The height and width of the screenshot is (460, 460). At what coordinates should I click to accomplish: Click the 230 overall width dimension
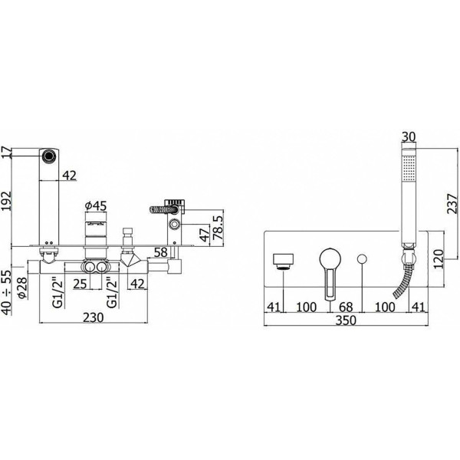coord(93,317)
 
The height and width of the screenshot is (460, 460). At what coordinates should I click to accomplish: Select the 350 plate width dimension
coord(346,320)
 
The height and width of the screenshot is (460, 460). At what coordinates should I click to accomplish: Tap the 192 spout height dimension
coord(6,201)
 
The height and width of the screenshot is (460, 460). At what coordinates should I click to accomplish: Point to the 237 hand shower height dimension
coord(452,204)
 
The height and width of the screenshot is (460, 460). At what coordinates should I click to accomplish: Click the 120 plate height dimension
coord(439,259)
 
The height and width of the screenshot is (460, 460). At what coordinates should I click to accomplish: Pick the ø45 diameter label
coord(96,206)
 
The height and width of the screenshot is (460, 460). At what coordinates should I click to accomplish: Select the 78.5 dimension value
coord(219,227)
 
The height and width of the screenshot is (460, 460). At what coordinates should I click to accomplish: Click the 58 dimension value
coord(160,252)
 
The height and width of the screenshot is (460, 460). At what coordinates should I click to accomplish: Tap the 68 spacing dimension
coord(346,307)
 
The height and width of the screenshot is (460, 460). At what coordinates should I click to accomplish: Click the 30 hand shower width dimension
coord(409,137)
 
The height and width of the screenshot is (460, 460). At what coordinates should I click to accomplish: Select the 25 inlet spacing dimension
coord(80,284)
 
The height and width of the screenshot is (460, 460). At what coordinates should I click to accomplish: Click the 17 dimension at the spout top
coord(6,153)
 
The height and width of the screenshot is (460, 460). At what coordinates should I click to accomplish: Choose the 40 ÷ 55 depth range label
coord(6,293)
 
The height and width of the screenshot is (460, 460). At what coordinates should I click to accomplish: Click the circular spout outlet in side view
coord(48,156)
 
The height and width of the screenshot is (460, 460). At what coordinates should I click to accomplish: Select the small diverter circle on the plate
coord(362,259)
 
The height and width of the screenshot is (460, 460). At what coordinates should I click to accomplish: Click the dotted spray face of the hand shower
coord(409,168)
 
